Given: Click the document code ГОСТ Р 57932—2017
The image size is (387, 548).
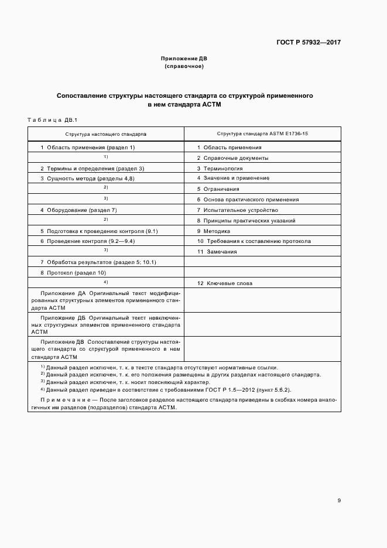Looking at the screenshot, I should (309, 43).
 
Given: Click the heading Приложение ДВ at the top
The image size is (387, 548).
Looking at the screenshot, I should (184, 59).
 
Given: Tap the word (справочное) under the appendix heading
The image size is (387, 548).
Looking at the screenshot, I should (184, 67).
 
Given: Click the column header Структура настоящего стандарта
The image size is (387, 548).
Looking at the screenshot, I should (106, 134).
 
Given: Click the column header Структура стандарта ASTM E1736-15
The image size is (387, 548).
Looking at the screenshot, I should (262, 134).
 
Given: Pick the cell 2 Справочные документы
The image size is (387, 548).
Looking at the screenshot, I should (232, 158).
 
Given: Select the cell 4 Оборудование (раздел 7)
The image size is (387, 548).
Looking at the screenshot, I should (78, 210).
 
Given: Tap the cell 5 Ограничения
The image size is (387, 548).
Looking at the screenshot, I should (218, 189).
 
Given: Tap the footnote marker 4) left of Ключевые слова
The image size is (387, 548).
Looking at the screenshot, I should (106, 282).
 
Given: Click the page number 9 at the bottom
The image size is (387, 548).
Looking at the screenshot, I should (339, 500).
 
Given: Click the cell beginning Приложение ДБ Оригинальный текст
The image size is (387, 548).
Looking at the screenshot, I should (106, 323).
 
